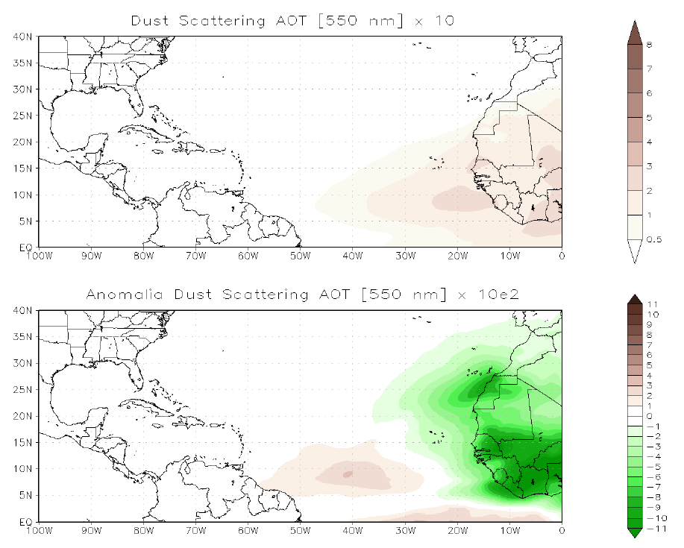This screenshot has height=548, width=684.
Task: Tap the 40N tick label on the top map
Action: coord(23,36)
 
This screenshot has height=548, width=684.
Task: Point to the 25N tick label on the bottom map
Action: coord(23,389)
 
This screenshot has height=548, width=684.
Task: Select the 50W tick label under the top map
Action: coord(300,255)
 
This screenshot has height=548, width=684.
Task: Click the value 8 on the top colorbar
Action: coord(650,45)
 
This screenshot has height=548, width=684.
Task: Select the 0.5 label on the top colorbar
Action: coord(653,239)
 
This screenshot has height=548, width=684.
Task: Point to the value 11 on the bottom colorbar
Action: coord(651,305)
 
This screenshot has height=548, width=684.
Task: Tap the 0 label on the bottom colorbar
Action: coord(650,416)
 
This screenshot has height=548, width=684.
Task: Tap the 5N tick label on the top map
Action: coord(25,221)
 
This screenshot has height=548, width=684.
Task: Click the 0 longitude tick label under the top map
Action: coord(562,255)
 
